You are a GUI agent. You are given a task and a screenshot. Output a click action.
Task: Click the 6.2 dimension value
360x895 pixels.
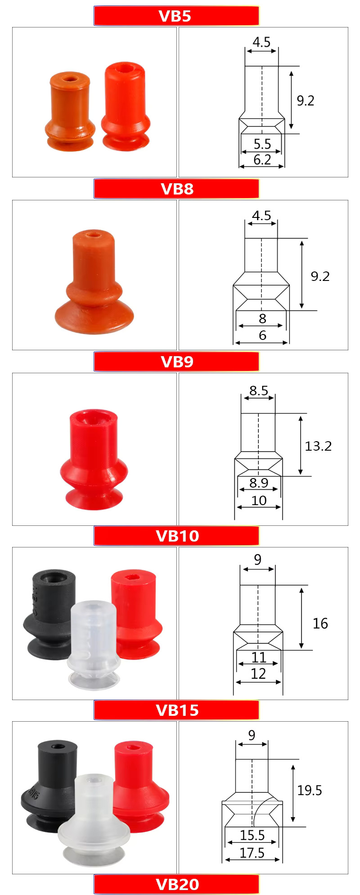262,159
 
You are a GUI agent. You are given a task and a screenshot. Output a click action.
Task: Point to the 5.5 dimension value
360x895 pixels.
262,144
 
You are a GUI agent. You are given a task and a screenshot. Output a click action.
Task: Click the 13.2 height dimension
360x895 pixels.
318,446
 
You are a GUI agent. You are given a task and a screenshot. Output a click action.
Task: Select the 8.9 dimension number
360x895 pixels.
259,483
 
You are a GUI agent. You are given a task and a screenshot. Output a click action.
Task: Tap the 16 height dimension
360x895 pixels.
320,624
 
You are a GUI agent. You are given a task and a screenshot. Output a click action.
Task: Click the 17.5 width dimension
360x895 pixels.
252,853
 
